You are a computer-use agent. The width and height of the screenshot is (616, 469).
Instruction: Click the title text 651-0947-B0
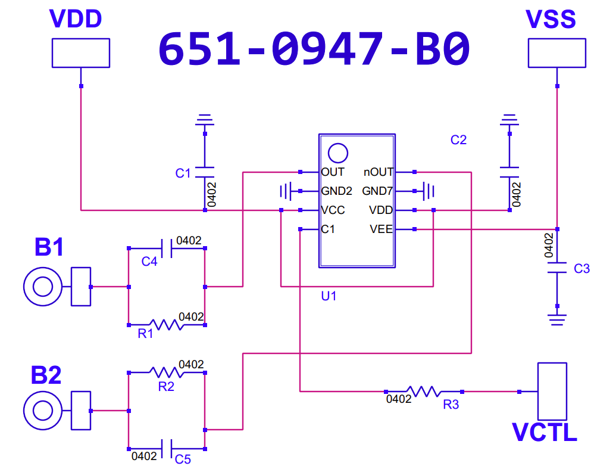[314, 49]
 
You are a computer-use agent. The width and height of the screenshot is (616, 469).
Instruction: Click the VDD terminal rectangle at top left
[81, 52]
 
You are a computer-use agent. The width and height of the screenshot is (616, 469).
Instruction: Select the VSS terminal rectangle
[556, 52]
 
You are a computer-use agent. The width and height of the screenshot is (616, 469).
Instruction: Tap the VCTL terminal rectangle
[552, 392]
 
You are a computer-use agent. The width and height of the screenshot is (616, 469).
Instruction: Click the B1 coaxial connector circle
[43, 287]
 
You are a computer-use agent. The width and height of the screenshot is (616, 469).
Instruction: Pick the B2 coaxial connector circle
[43, 411]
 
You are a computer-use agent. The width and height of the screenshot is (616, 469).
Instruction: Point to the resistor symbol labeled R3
[424, 392]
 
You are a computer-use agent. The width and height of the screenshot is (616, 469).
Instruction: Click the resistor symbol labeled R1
[167, 325]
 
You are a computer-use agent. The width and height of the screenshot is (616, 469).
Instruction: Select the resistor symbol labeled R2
[167, 372]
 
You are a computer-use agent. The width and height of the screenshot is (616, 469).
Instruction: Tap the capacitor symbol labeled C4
[167, 249]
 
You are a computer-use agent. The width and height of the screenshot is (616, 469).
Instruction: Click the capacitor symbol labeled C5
[167, 449]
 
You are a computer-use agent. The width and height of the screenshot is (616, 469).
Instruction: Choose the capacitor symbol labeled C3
[557, 268]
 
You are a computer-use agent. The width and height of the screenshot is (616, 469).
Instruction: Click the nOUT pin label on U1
[379, 172]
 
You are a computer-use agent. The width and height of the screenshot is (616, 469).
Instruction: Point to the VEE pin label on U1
[381, 229]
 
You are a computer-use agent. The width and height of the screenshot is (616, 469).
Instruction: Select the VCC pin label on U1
[333, 210]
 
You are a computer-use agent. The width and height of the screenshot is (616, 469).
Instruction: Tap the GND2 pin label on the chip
[337, 191]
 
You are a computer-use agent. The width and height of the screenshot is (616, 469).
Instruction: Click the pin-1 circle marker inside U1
[338, 153]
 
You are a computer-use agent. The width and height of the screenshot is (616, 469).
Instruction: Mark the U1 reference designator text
[329, 296]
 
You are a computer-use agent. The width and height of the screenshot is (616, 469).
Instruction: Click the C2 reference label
[458, 139]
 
